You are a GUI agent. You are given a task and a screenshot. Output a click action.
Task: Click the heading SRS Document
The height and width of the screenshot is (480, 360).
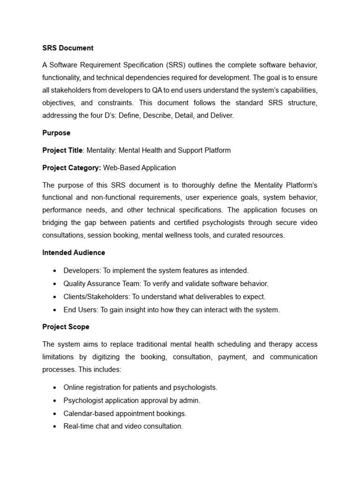point(68,48)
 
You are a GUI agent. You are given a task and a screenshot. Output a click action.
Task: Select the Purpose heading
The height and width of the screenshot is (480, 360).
point(56,133)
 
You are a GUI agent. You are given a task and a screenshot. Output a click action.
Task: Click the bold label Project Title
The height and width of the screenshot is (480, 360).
point(62,150)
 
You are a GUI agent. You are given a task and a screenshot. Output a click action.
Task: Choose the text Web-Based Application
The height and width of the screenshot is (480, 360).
point(140,167)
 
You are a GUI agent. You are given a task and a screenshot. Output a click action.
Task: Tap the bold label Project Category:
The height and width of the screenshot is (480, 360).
point(72,167)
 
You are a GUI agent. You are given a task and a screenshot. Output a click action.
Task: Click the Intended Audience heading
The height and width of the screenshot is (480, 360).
point(74,252)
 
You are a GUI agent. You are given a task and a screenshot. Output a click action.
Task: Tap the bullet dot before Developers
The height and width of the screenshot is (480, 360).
point(55,271)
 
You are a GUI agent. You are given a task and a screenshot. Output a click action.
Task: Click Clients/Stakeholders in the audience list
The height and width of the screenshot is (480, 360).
point(96,297)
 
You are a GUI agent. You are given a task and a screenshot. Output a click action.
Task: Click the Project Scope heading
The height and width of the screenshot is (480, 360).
point(66,327)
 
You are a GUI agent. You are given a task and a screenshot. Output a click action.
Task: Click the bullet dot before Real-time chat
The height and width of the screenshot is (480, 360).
point(55,427)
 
